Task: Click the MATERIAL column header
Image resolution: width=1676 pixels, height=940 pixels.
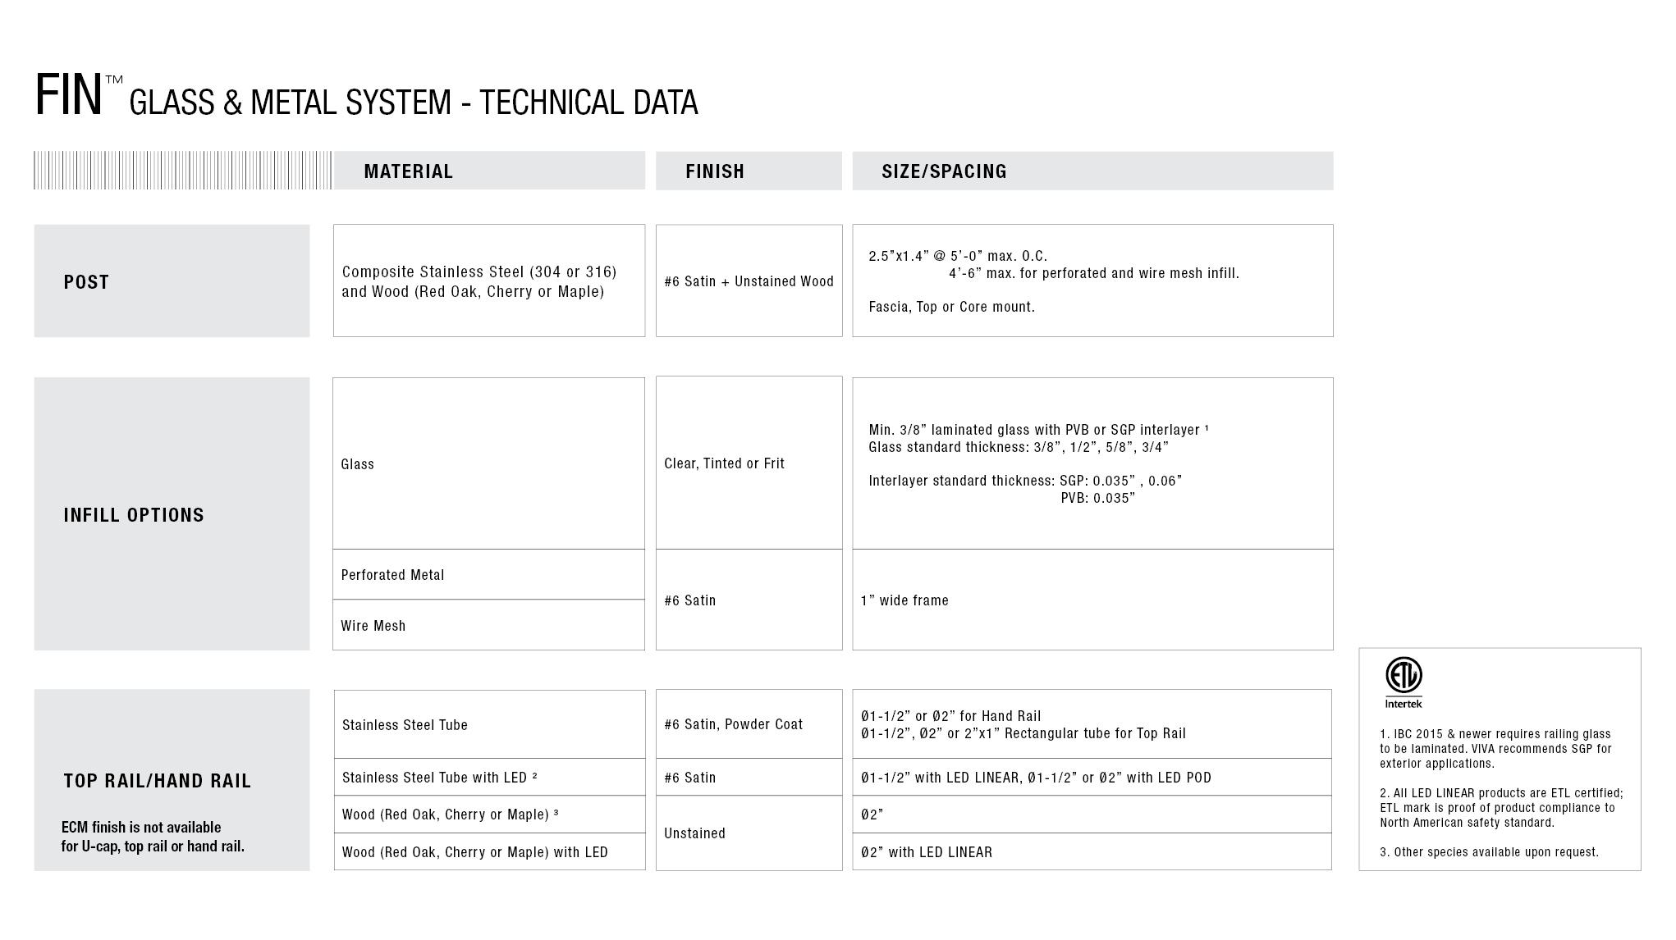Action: click(x=408, y=171)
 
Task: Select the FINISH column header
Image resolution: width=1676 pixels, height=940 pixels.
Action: click(x=715, y=171)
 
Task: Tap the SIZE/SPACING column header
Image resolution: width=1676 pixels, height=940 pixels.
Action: click(x=944, y=171)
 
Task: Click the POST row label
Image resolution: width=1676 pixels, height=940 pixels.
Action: click(x=86, y=282)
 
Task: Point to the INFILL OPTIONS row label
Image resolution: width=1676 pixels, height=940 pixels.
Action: click(x=134, y=515)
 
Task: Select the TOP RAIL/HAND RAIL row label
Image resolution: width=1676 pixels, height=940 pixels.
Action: click(x=157, y=781)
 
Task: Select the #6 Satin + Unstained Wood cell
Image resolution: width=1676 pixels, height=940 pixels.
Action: click(x=749, y=281)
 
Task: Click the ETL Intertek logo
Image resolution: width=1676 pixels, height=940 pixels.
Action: click(x=1404, y=682)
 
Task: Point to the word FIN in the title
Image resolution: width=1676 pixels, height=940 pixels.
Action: click(x=69, y=95)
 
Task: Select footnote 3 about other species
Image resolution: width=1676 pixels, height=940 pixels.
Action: click(x=1489, y=852)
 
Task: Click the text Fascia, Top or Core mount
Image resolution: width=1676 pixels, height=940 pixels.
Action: click(x=951, y=307)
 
